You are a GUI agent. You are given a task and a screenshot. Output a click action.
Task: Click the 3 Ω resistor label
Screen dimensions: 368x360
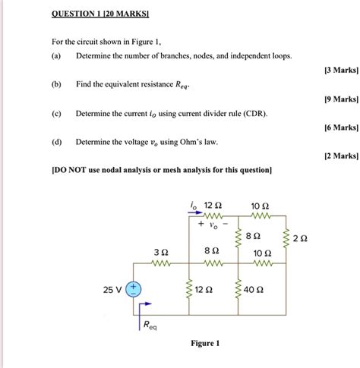(159, 251)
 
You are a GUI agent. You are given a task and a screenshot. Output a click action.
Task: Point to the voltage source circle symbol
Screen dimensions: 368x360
(134, 288)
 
